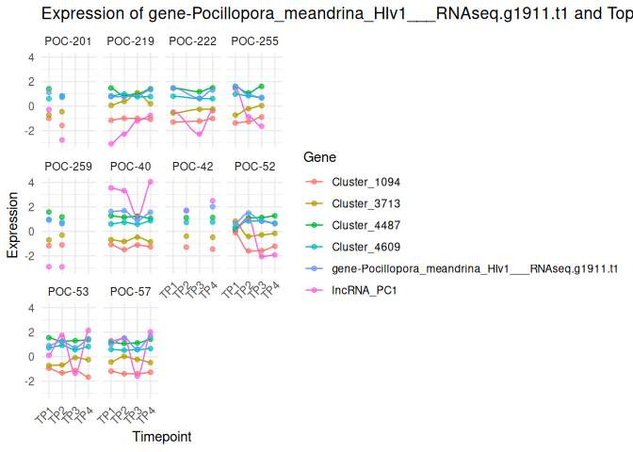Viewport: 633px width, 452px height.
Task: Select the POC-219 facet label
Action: click(x=130, y=41)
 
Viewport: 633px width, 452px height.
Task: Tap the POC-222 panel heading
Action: click(x=192, y=41)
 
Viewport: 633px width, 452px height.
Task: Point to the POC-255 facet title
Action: click(x=254, y=41)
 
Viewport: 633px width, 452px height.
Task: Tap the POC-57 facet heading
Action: click(x=130, y=292)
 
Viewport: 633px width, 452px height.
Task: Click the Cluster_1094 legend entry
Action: click(x=359, y=182)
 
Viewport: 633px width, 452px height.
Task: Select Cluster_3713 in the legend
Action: click(x=359, y=203)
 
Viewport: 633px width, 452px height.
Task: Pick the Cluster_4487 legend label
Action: click(x=359, y=225)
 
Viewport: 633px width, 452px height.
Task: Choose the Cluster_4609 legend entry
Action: click(x=359, y=247)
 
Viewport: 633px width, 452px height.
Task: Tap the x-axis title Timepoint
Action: click(x=162, y=437)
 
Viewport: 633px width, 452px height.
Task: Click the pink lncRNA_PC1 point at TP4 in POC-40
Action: click(x=151, y=182)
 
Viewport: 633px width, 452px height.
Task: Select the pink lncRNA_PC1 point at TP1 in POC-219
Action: click(x=111, y=144)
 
